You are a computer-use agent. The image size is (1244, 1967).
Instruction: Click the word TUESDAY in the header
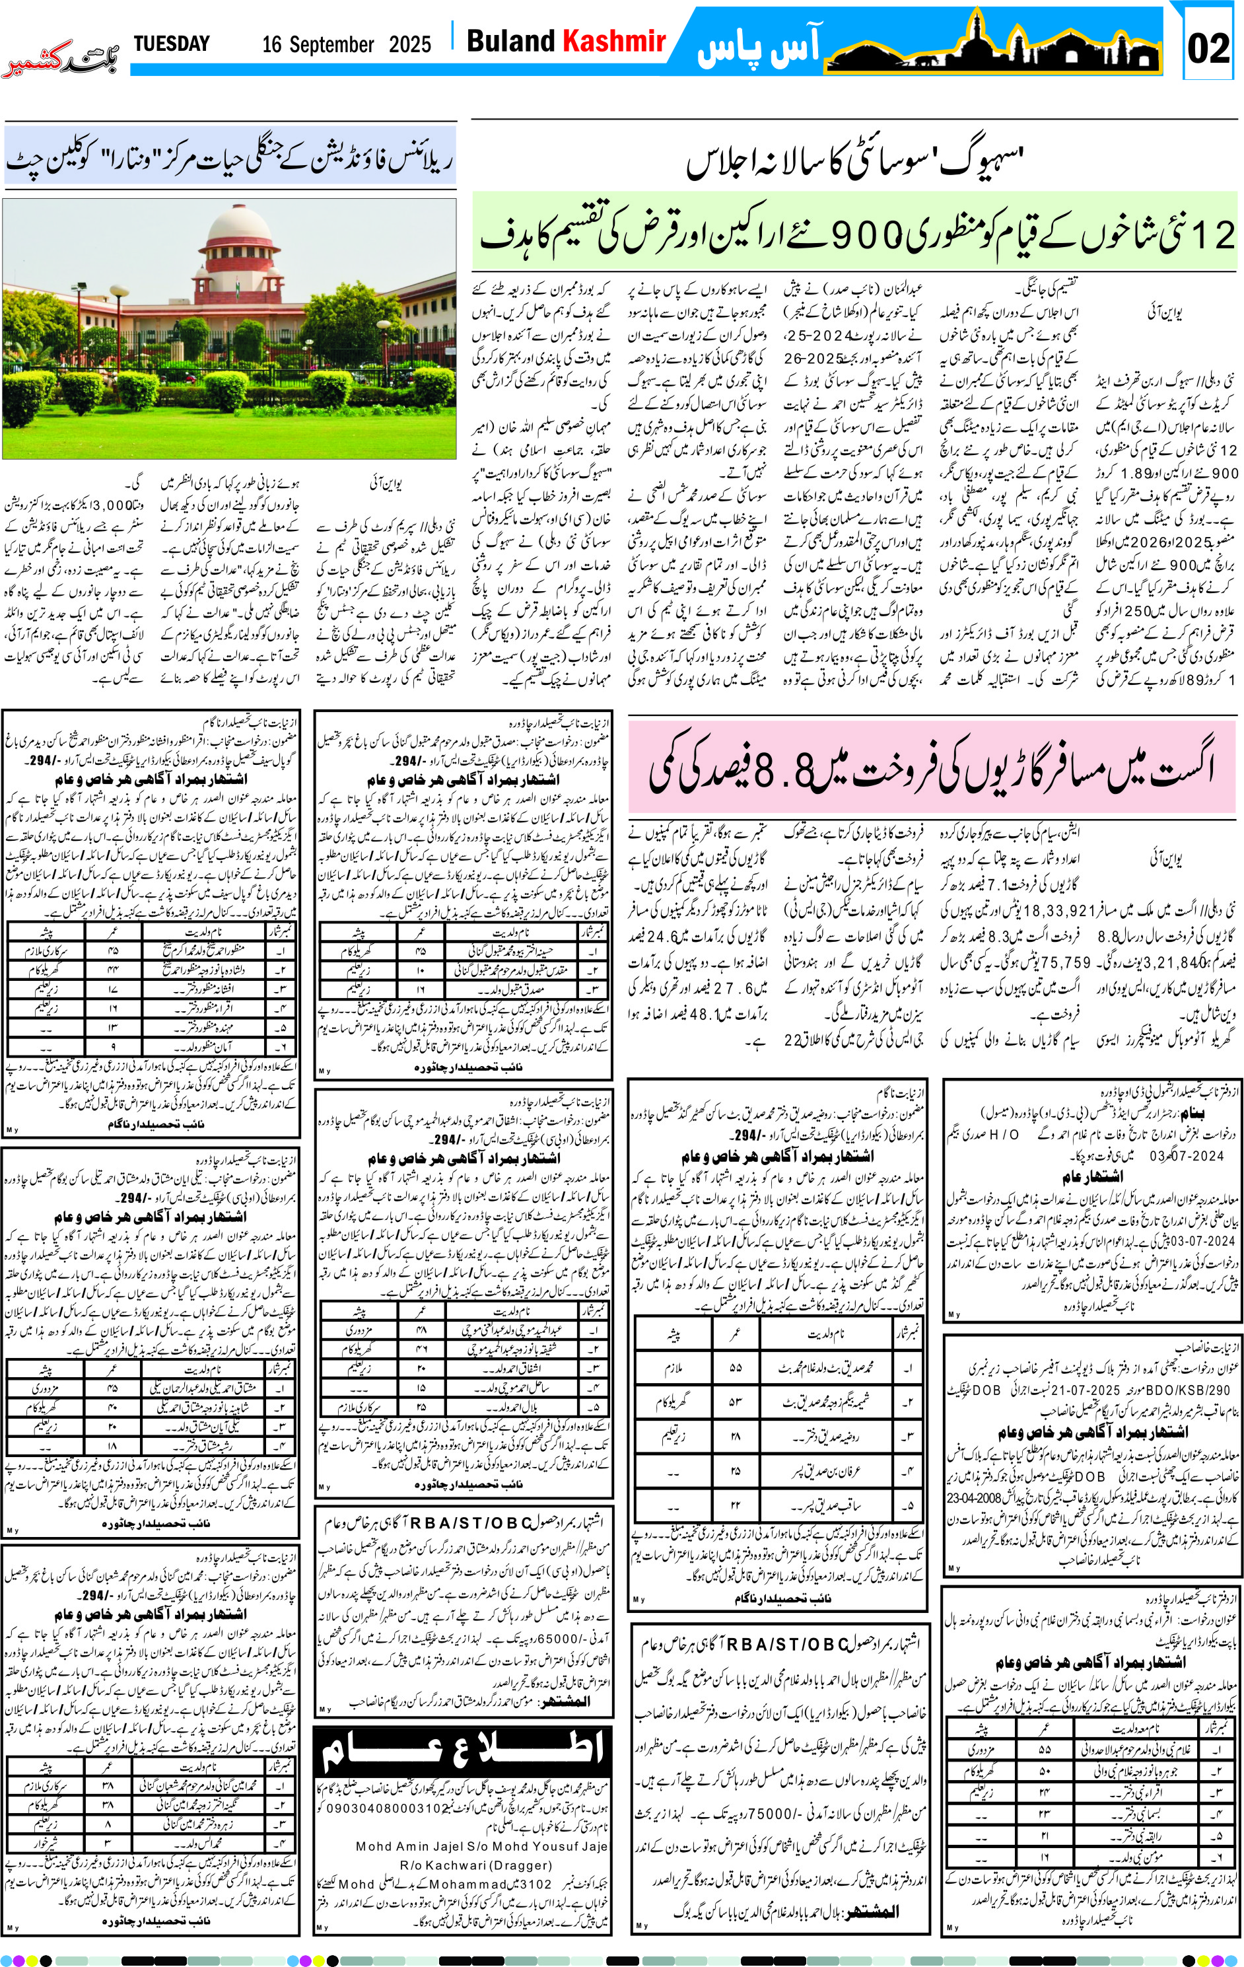(x=172, y=44)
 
